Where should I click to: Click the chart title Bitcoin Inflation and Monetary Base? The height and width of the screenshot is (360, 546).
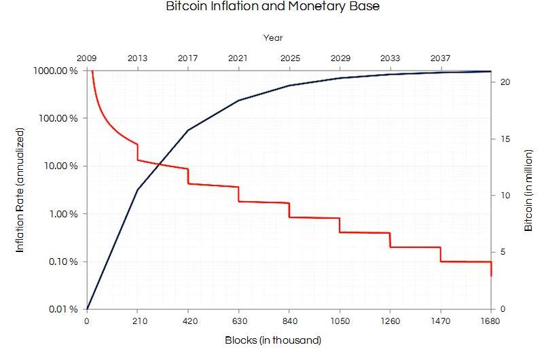[x=272, y=7]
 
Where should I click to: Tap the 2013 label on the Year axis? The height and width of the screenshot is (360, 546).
[x=137, y=58]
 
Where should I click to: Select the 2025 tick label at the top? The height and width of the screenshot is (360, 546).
[x=289, y=58]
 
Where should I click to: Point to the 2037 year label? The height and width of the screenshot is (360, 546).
[x=441, y=58]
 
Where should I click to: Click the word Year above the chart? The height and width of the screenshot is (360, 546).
[x=272, y=38]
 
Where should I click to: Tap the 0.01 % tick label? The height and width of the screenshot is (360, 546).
[x=62, y=310]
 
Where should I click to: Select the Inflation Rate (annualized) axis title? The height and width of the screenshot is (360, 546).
[x=20, y=190]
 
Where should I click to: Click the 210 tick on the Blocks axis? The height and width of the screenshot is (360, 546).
[x=137, y=322]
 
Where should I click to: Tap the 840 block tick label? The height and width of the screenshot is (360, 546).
[x=289, y=322]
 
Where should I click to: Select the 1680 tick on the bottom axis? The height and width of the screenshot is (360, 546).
[x=491, y=322]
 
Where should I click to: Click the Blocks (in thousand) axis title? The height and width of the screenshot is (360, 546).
[x=273, y=340]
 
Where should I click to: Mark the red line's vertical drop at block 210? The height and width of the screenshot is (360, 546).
[x=138, y=152]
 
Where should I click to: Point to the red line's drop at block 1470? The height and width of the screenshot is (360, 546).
[x=441, y=255]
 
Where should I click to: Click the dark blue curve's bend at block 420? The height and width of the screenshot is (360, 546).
[x=188, y=130]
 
